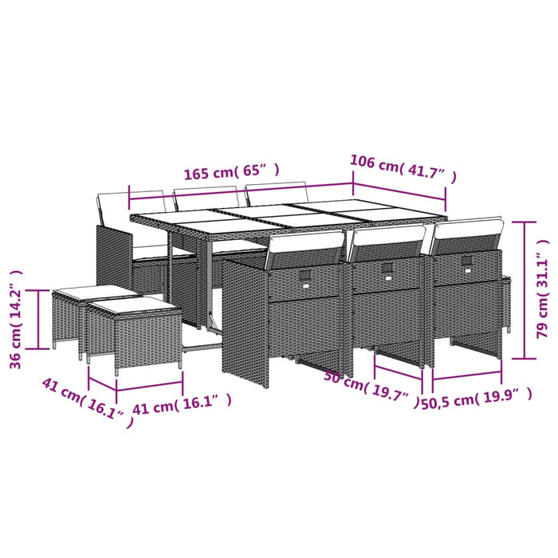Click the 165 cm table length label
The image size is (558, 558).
[232, 171]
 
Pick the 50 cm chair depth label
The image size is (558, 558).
[371, 386]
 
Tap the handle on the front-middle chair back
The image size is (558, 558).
[387, 269]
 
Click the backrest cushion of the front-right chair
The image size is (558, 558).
[469, 230]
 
